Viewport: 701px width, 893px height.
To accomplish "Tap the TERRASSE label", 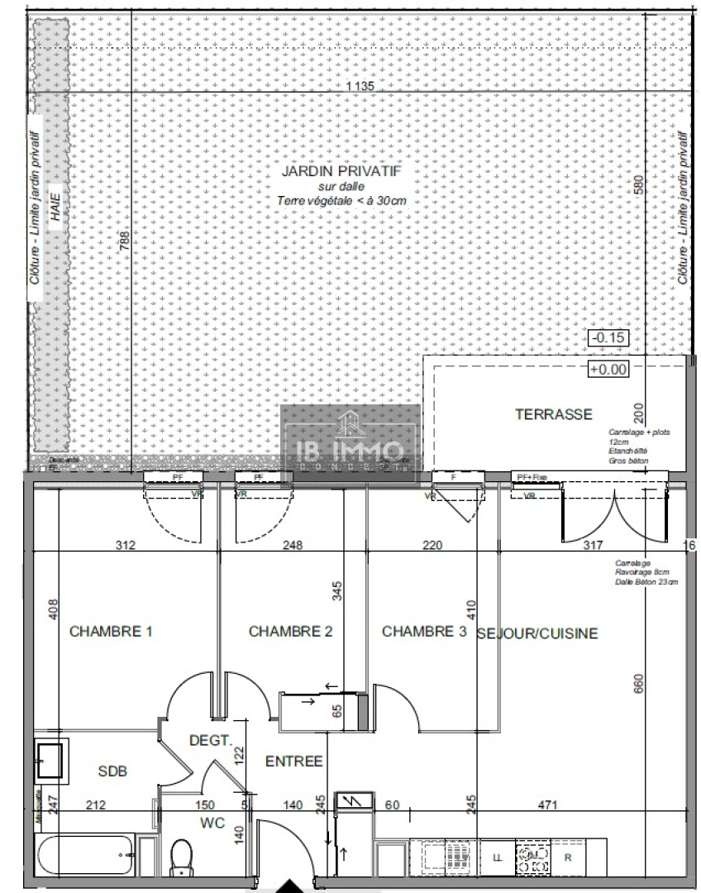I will pos(553,414).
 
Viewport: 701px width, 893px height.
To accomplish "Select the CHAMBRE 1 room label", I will pos(110,632).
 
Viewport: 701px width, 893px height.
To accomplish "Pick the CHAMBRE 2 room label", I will pos(290,632).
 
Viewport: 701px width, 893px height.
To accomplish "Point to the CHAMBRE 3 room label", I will pos(423,632).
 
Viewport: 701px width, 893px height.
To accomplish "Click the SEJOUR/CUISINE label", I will pos(537,633).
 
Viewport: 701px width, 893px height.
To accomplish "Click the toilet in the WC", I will pos(180,857).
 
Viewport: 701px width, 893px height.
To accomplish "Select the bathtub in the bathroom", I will pos(83,853).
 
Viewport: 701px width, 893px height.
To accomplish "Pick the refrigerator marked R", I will pos(568,857).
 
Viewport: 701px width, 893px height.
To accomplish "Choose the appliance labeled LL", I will pos(498,857).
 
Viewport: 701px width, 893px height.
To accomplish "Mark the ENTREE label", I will pos(293,762).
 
